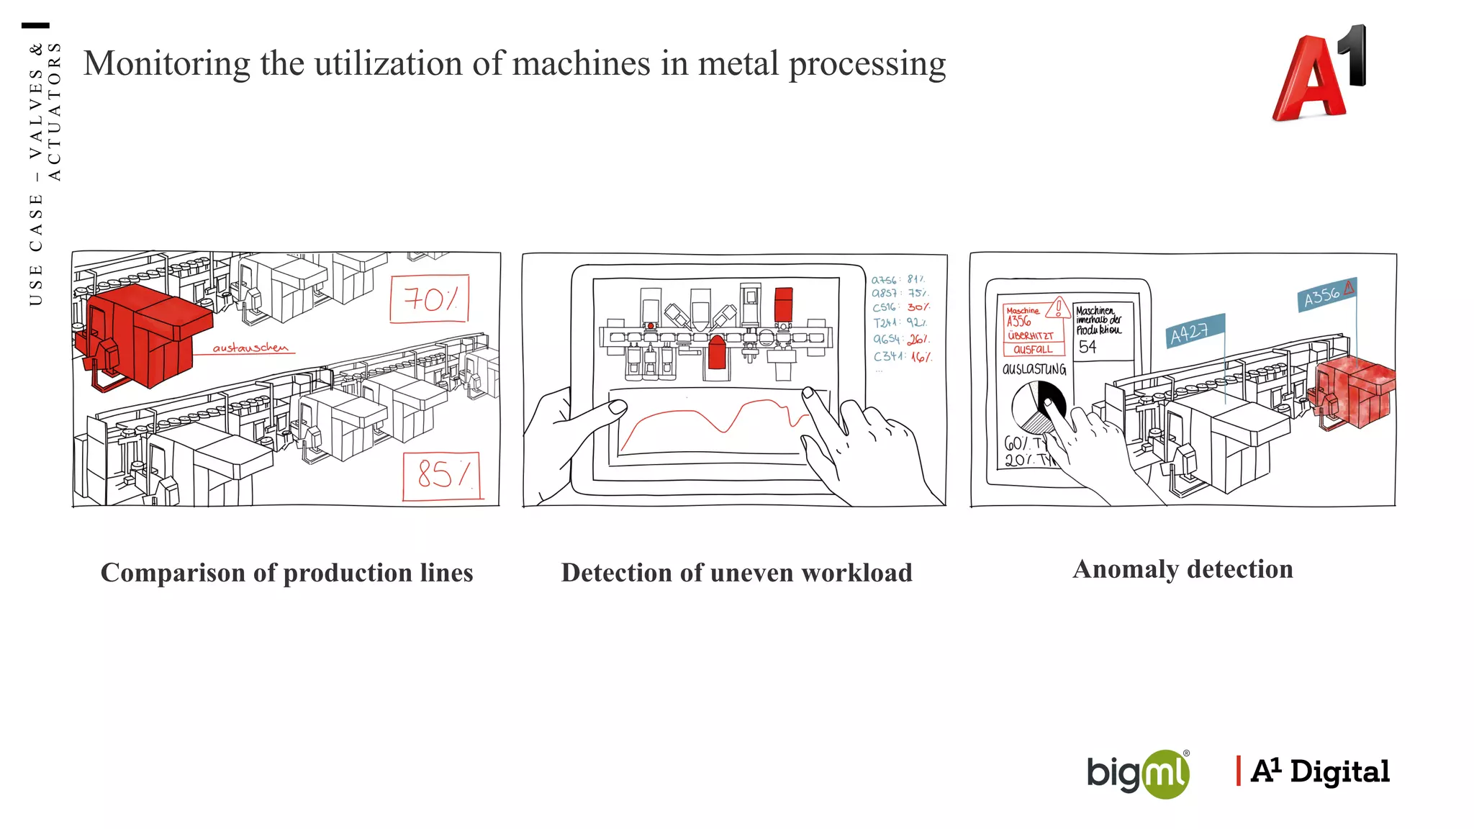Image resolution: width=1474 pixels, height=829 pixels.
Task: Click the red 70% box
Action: pos(429,299)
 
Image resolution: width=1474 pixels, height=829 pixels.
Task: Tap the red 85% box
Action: pos(440,475)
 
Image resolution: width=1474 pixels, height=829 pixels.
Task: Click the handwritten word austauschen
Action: pos(250,348)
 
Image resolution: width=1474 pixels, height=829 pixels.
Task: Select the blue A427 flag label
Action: pos(1194,332)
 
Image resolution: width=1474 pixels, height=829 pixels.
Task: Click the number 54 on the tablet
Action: pos(1087,347)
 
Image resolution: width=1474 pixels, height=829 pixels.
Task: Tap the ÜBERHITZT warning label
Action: pos(1031,336)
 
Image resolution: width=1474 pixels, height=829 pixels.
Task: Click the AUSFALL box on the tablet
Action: pos(1033,350)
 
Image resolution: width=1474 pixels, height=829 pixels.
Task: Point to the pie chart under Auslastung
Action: pos(1037,407)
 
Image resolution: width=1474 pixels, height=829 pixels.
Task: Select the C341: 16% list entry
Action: pos(903,356)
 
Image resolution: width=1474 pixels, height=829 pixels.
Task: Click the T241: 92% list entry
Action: pos(900,323)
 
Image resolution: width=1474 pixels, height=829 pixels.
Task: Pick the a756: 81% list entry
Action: pos(898,279)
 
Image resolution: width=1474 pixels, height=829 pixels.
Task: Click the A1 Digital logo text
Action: pos(1320,771)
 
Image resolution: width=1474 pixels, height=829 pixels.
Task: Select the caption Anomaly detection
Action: pos(1183,569)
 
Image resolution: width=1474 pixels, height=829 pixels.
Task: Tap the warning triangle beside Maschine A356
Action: pos(1058,308)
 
